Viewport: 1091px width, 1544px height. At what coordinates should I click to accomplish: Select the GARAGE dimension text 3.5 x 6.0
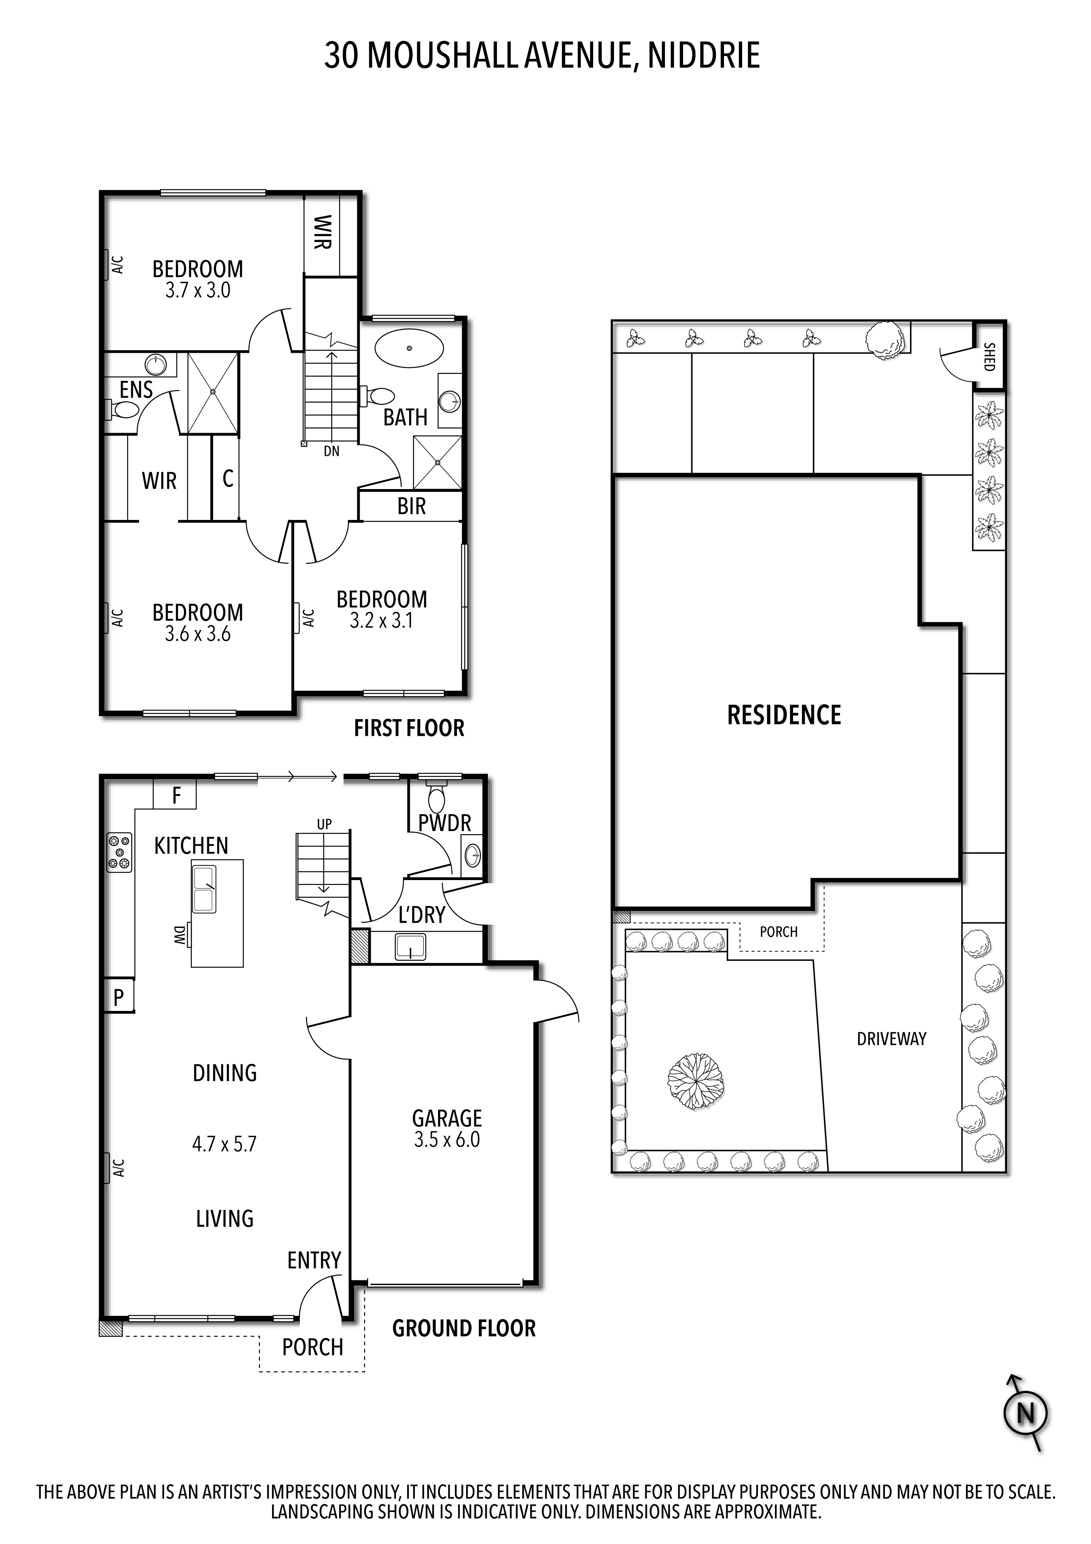(x=447, y=1140)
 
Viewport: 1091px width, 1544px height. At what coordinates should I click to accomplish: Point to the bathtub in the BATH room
(x=409, y=348)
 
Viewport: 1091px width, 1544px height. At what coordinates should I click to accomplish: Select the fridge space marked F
(x=176, y=796)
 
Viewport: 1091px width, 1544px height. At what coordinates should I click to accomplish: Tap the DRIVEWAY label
(x=891, y=1039)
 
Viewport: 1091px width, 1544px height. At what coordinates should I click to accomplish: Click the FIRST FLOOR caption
(x=409, y=728)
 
